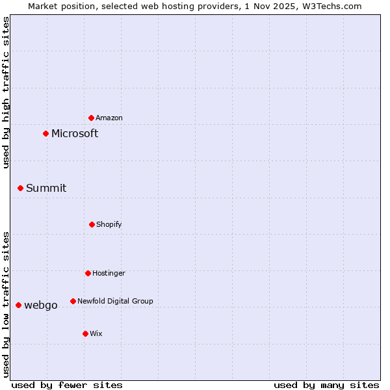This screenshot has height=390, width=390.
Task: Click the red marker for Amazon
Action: (x=92, y=118)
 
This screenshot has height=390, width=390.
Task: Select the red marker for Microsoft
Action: (x=46, y=134)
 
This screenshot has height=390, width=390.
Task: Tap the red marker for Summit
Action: (x=21, y=188)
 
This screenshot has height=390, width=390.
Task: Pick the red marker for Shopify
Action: (x=92, y=224)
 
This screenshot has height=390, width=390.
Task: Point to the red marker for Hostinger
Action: (x=88, y=273)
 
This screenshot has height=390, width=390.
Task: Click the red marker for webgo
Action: (x=19, y=305)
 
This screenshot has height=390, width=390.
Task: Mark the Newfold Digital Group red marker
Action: (x=73, y=301)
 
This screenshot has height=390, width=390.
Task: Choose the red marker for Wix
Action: (x=85, y=333)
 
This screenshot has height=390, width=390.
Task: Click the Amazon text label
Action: (x=109, y=118)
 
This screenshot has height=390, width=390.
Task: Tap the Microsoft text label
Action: (x=75, y=134)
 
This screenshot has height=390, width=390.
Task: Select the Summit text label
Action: (x=46, y=188)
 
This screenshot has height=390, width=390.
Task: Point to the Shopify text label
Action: (x=109, y=224)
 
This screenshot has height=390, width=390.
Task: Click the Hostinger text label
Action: (x=109, y=273)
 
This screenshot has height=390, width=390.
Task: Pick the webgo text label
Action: (x=41, y=305)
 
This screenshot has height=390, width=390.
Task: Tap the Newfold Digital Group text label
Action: (x=115, y=301)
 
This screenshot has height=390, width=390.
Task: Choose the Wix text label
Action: (x=96, y=333)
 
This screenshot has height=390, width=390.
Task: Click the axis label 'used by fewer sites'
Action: (x=67, y=385)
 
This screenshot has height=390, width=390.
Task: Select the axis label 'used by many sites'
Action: (x=326, y=385)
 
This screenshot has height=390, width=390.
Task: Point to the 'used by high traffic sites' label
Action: (x=6, y=93)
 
